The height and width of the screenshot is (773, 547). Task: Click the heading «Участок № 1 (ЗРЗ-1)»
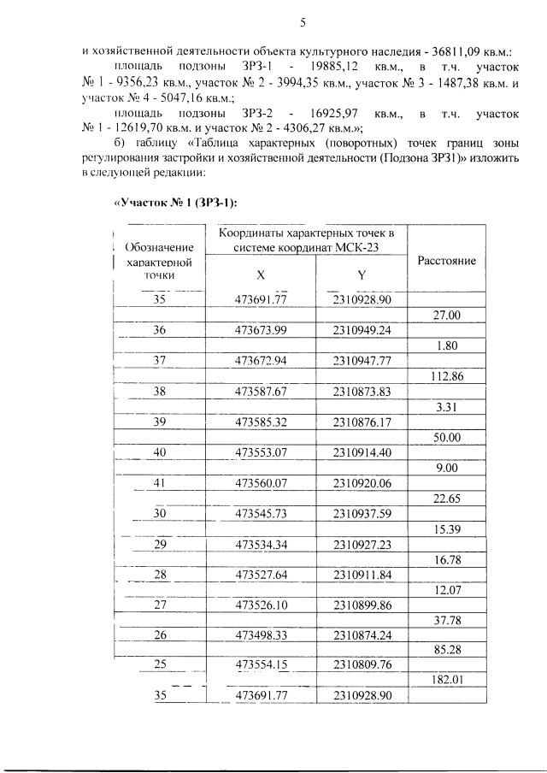pyautogui.click(x=174, y=203)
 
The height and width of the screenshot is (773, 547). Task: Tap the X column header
pyautogui.click(x=261, y=275)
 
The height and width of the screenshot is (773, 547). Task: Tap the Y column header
pyautogui.click(x=362, y=275)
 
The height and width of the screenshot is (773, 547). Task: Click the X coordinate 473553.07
pyautogui.click(x=261, y=451)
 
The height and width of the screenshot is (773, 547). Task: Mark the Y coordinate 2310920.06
pyautogui.click(x=362, y=483)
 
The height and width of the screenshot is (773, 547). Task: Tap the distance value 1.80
pyautogui.click(x=447, y=345)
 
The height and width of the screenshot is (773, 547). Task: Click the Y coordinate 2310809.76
pyautogui.click(x=362, y=664)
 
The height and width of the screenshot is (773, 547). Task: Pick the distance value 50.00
pyautogui.click(x=447, y=437)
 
